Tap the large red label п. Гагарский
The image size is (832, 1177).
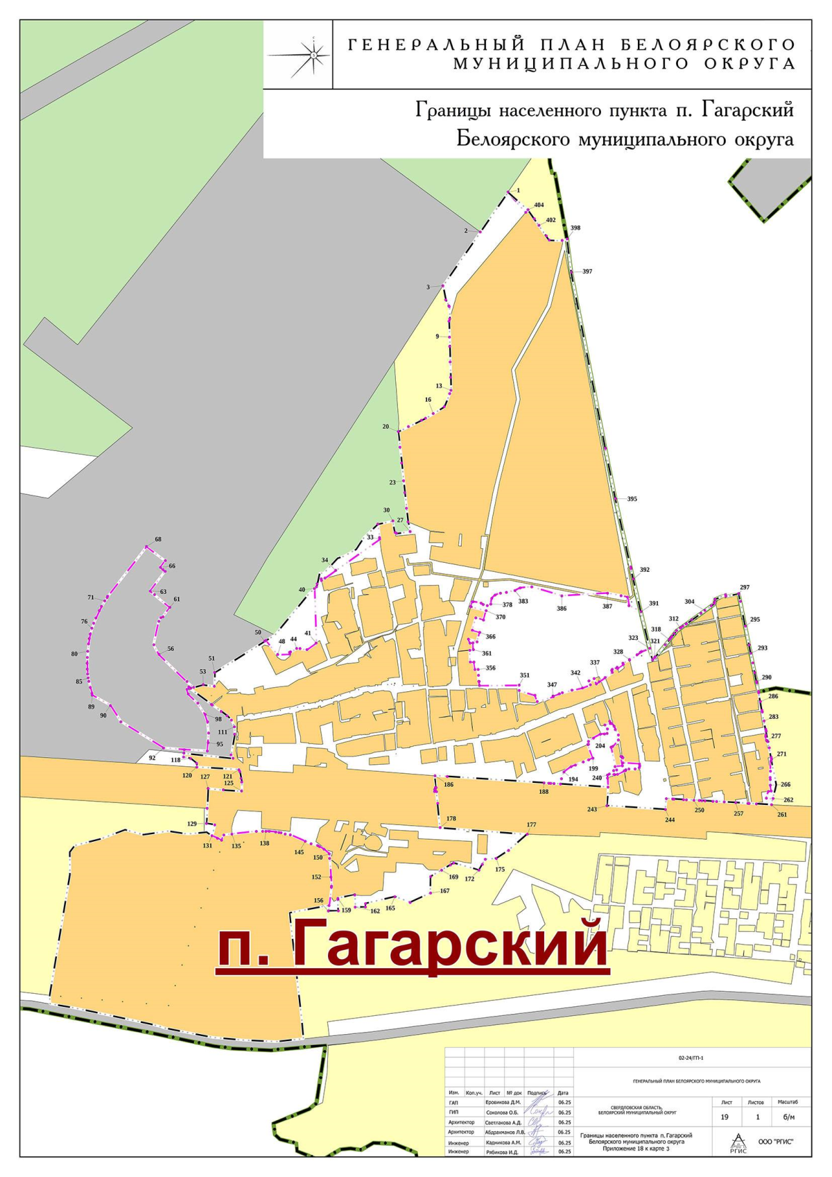pyautogui.click(x=412, y=944)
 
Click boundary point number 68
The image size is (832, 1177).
pyautogui.click(x=158, y=539)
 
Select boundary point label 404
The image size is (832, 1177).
pyautogui.click(x=539, y=205)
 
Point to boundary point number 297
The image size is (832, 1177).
pyautogui.click(x=745, y=587)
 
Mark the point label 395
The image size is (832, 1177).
pyautogui.click(x=632, y=499)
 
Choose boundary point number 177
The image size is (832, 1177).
pyautogui.click(x=531, y=825)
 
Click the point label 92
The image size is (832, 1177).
pyautogui.click(x=153, y=758)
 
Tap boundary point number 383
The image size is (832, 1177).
pyautogui.click(x=523, y=601)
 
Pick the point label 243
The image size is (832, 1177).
pyautogui.click(x=591, y=809)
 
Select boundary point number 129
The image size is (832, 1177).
pyautogui.click(x=192, y=824)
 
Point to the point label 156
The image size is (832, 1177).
pyautogui.click(x=319, y=901)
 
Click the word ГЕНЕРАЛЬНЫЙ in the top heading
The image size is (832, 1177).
pyautogui.click(x=435, y=45)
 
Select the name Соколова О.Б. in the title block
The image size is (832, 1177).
pyautogui.click(x=502, y=1112)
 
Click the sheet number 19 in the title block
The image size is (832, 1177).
pyautogui.click(x=725, y=1117)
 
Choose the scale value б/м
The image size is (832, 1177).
pyautogui.click(x=788, y=1117)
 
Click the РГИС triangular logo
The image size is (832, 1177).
pyautogui.click(x=738, y=1142)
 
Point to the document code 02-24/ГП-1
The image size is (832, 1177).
pyautogui.click(x=692, y=1058)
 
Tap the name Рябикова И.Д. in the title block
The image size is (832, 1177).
pyautogui.click(x=502, y=1151)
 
